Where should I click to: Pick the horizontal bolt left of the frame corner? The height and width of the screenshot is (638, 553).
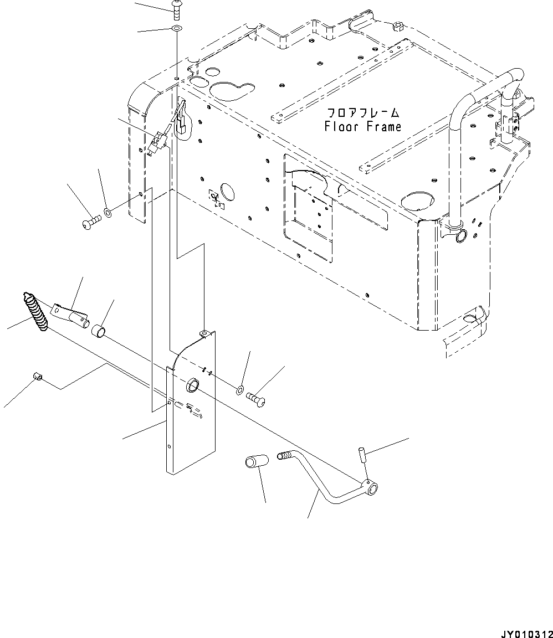91,224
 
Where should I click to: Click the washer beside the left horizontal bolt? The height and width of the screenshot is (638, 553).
107,213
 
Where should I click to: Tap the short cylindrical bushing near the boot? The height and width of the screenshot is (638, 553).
99,332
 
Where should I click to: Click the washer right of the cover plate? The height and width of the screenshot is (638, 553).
239,390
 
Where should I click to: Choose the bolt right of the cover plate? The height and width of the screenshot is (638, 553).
257,397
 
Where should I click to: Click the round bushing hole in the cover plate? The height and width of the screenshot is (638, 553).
193,384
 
